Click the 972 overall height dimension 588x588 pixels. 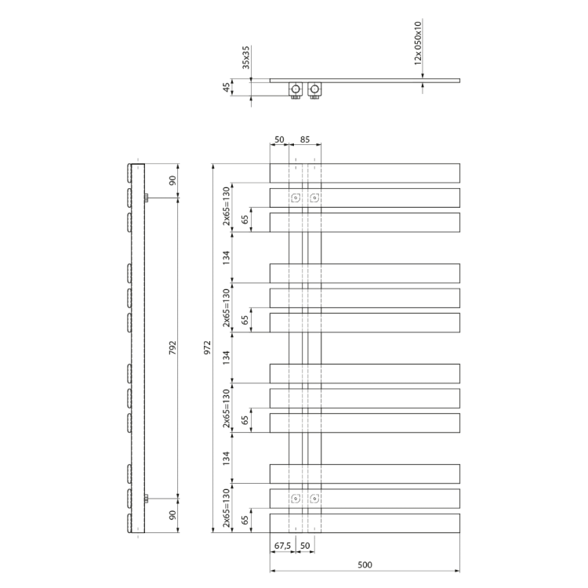(x=208, y=347)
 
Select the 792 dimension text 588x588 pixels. (x=172, y=348)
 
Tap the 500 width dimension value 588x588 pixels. (x=365, y=564)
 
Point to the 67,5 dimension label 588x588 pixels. (x=282, y=546)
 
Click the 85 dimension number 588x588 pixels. (x=305, y=140)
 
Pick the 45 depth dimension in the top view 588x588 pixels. (x=227, y=87)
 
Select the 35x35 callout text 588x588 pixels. (x=245, y=57)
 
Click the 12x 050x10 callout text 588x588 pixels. (x=418, y=43)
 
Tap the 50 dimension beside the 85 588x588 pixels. (x=279, y=140)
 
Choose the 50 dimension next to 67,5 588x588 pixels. (x=305, y=546)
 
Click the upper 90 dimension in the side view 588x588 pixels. (x=172, y=180)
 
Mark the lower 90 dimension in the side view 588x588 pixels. (x=172, y=515)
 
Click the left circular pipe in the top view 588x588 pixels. (x=296, y=89)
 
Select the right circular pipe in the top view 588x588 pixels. (x=314, y=89)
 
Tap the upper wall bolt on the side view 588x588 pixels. (x=147, y=198)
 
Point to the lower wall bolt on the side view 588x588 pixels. (x=147, y=499)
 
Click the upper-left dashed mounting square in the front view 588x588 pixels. (x=296, y=198)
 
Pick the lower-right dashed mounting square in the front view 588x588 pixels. (x=314, y=499)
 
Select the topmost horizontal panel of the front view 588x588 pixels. (x=365, y=173)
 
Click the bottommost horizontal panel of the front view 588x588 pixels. (x=365, y=523)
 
